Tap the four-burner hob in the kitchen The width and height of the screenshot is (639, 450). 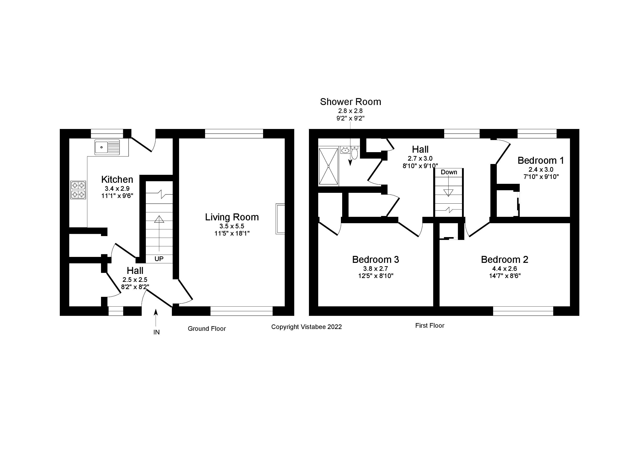point(78,190)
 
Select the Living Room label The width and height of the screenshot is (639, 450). point(232,217)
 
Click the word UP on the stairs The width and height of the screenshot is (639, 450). point(159,259)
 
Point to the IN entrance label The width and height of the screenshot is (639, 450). point(156,332)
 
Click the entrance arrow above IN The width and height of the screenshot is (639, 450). point(156,317)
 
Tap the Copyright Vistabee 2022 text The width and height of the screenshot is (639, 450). point(306,327)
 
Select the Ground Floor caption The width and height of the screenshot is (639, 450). point(207,329)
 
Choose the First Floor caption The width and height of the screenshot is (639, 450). point(430,326)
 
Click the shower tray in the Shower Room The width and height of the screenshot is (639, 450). point(329,166)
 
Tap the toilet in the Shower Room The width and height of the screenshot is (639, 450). point(354,153)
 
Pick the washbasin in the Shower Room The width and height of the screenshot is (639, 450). point(345,150)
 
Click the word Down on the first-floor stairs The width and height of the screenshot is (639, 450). point(449,172)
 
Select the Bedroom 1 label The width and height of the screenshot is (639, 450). point(541,160)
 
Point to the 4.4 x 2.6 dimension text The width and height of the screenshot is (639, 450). point(505,269)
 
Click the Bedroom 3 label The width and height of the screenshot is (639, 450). point(375,259)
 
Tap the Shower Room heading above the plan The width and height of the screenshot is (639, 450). point(350,102)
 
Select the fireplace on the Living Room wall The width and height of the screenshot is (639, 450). point(280,219)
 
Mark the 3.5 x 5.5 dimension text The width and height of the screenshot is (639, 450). point(232,226)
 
